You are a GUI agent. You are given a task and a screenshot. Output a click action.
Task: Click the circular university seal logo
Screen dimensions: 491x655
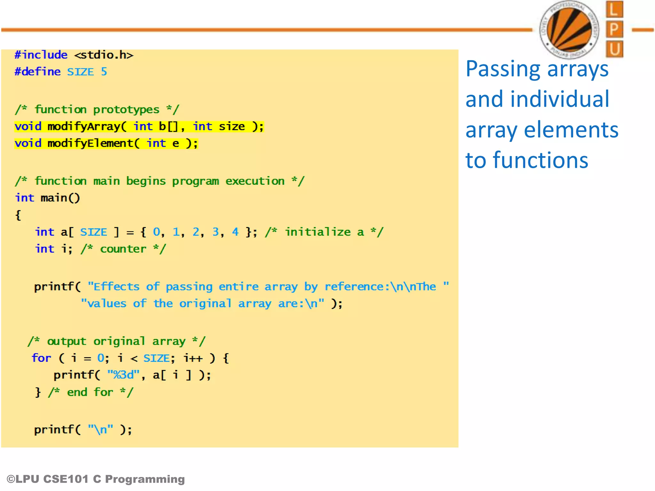(569, 29)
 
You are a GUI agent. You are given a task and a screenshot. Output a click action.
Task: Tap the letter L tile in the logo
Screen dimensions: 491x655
(614, 10)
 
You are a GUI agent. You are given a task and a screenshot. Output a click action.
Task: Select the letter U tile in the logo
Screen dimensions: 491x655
(614, 49)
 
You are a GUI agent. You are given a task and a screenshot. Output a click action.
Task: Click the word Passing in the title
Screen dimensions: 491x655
(502, 69)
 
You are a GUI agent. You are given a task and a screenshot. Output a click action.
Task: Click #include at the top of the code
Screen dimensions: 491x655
(41, 55)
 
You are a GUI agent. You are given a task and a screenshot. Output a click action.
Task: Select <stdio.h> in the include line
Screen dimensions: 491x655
(104, 55)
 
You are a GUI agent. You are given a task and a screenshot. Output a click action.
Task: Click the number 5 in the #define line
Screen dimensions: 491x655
(104, 72)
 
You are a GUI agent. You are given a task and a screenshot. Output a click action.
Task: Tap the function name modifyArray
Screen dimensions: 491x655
(84, 127)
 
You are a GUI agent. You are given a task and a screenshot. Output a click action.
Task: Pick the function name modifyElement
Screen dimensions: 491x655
(90, 143)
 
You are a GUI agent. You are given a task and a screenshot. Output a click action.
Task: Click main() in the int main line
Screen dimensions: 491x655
(60, 198)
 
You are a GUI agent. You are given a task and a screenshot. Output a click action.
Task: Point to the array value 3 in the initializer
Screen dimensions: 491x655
(216, 232)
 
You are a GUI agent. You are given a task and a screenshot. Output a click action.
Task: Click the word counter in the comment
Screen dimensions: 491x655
(123, 249)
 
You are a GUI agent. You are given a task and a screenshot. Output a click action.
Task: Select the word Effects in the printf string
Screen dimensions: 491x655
(116, 286)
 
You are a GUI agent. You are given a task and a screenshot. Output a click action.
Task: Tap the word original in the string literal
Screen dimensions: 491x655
(205, 303)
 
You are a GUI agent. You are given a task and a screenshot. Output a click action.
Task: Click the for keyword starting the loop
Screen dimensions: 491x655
(41, 358)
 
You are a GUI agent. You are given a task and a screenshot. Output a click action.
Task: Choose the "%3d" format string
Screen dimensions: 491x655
(123, 375)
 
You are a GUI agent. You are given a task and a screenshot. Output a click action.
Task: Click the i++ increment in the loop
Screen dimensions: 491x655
(193, 358)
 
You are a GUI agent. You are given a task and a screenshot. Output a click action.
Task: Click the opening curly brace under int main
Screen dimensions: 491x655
(18, 215)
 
